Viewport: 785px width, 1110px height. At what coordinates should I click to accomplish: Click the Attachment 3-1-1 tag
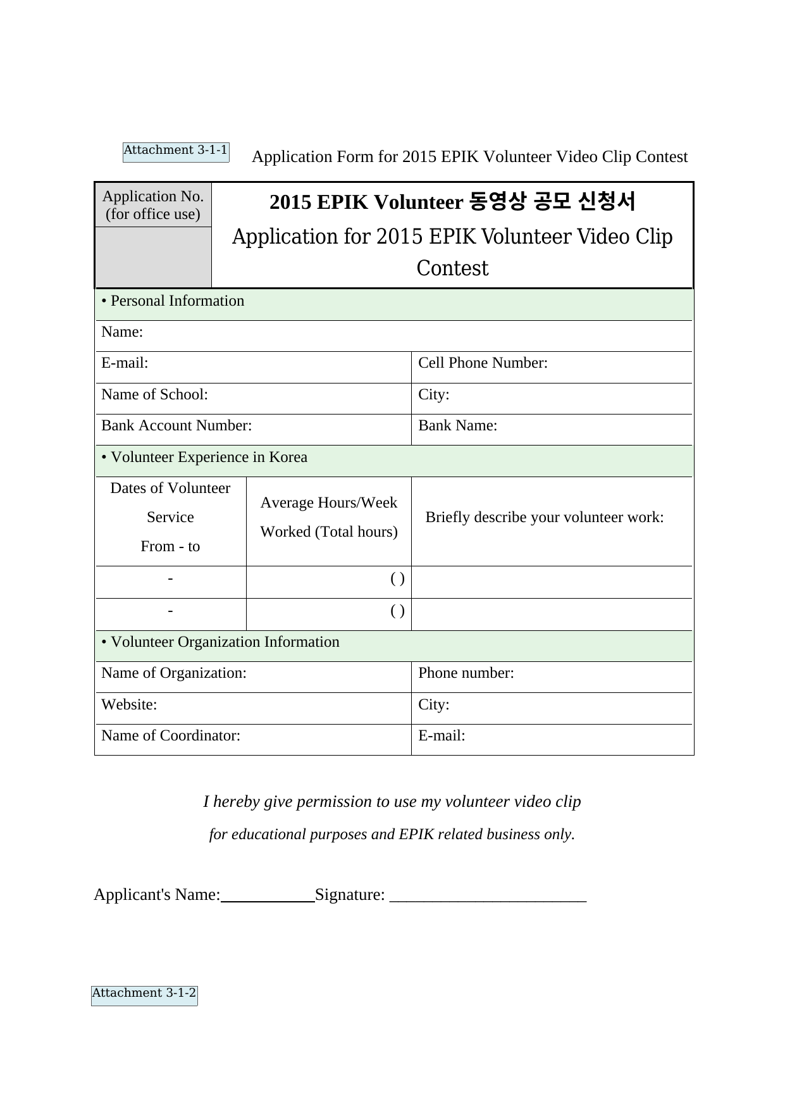pos(175,151)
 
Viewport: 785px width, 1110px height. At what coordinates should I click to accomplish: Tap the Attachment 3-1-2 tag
pos(144,994)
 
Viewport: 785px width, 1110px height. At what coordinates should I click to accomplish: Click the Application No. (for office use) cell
pos(153,205)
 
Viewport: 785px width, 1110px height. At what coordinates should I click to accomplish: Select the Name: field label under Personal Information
pos(122,332)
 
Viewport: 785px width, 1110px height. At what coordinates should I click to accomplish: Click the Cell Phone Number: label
pos(483,363)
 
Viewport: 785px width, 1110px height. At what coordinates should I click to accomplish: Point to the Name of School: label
pos(154,395)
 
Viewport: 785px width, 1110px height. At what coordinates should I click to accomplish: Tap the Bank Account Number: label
pos(176,426)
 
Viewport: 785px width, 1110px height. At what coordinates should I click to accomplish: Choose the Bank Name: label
pos(457,426)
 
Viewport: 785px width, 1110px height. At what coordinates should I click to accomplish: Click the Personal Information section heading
pos(173,301)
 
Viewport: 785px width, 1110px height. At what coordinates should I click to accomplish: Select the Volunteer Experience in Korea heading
pos(204,458)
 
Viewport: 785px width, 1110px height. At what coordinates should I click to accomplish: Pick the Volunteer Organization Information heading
pos(220,642)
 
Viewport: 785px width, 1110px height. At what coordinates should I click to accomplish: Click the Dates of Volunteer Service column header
pos(170,517)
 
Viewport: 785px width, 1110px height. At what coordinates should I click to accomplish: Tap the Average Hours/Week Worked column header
pos(329,517)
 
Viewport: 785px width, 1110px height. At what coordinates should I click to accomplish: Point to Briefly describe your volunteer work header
pos(545,518)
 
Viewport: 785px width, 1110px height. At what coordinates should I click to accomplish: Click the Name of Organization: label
pos(174,673)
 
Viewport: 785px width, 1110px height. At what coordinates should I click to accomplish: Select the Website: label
pos(129,705)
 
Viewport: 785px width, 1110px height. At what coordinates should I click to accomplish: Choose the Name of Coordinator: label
pos(171,736)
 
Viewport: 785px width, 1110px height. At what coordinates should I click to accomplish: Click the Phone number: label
pos(466,673)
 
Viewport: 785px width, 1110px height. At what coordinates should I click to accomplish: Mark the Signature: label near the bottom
pos(350,895)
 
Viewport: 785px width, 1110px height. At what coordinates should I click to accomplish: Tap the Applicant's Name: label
pos(157,895)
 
